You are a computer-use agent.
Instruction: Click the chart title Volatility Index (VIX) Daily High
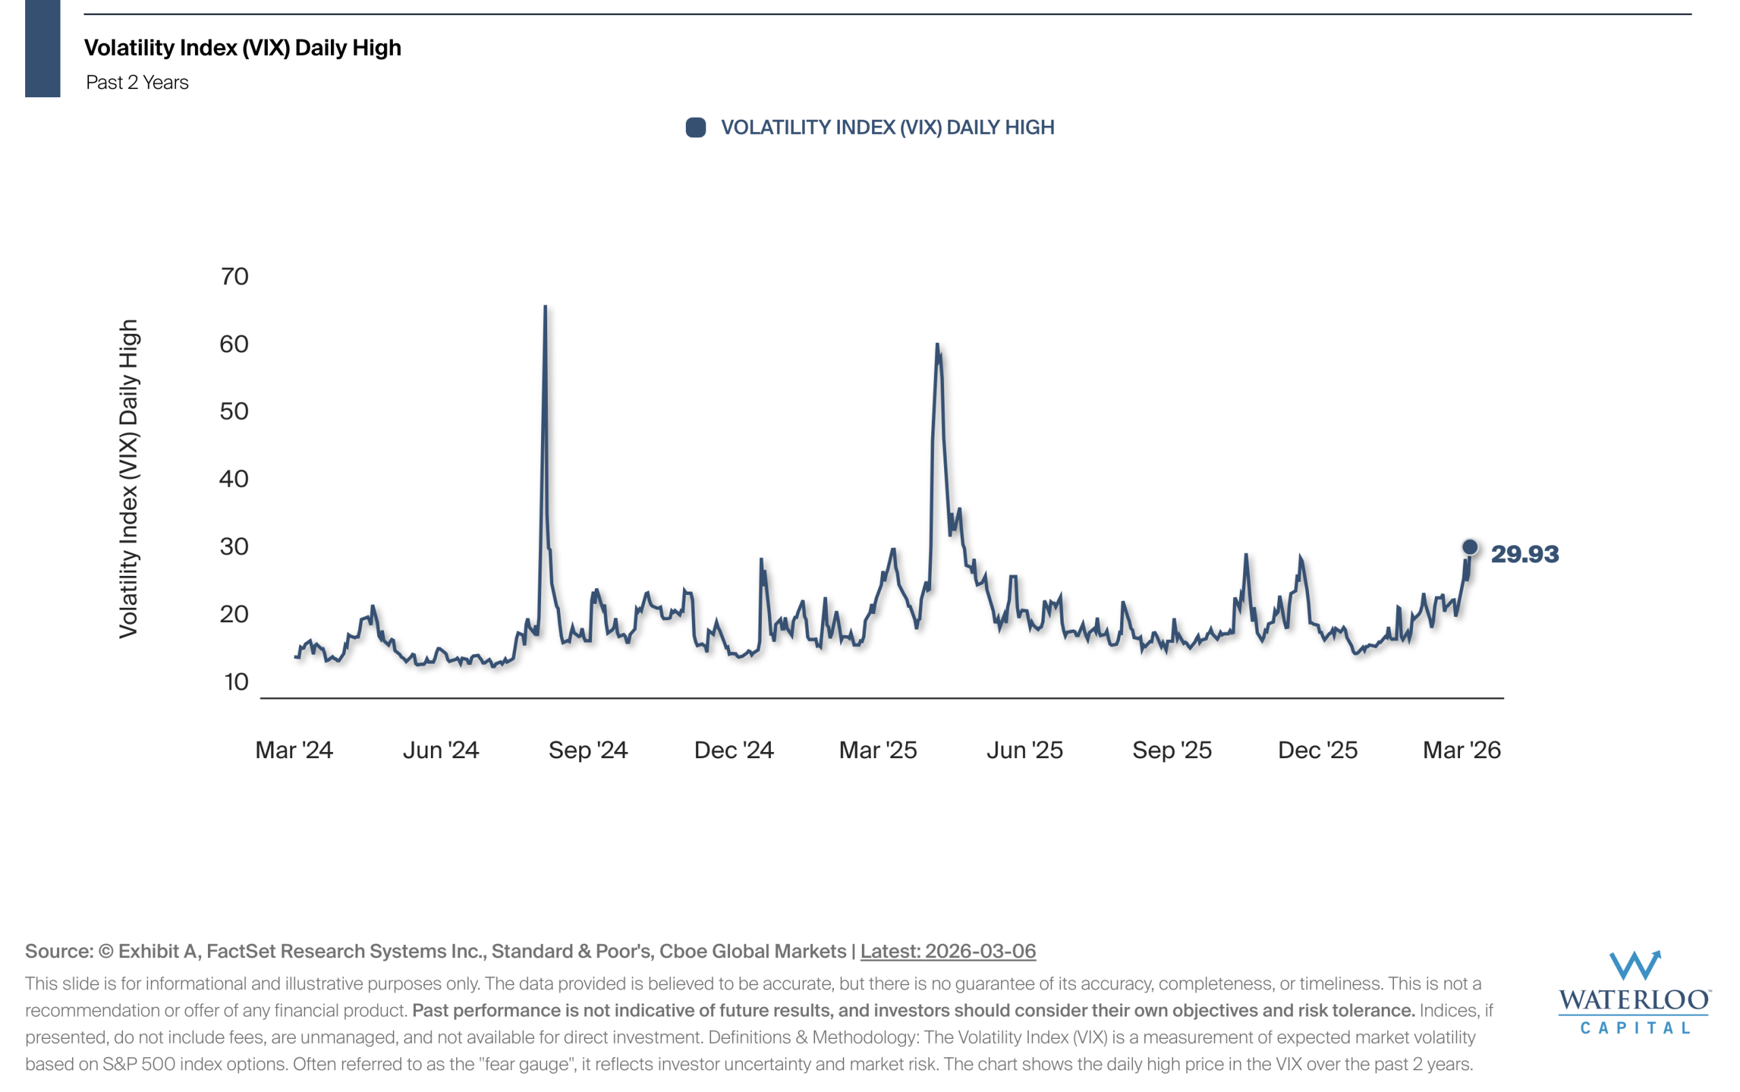coord(242,48)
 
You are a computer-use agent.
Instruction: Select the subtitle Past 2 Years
coord(137,82)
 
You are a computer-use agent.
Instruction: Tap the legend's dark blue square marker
coord(695,128)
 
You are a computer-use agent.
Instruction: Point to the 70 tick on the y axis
coord(234,277)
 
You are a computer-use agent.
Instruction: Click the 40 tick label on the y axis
coord(234,479)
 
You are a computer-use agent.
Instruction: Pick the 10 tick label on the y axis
coord(236,682)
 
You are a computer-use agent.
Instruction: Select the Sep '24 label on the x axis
coord(588,750)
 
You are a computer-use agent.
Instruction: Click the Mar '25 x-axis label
coord(877,750)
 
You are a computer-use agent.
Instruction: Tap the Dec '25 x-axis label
coord(1317,750)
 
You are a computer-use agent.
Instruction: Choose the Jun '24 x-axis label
coord(440,750)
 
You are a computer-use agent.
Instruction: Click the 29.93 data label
coord(1524,554)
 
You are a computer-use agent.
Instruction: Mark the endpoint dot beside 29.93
coord(1469,547)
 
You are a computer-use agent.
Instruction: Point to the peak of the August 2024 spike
coord(545,307)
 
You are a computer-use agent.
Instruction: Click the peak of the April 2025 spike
coord(937,345)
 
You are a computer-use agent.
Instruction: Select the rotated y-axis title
coord(128,479)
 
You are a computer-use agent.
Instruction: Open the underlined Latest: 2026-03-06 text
coord(947,951)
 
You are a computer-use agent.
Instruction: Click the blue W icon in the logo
coord(1634,965)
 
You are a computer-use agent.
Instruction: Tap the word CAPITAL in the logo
coord(1634,1027)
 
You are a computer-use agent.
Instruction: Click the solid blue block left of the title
coord(43,48)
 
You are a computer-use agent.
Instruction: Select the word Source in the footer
coord(58,951)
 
